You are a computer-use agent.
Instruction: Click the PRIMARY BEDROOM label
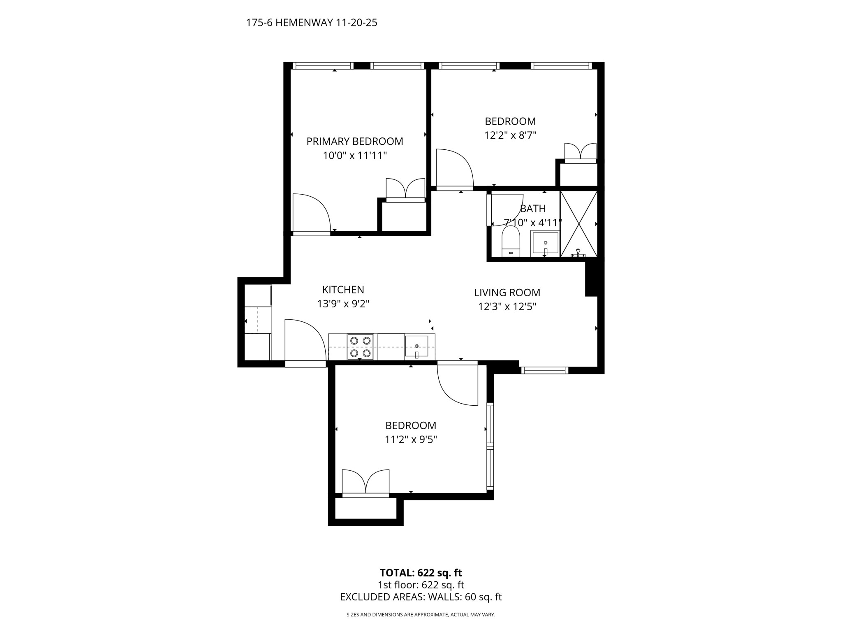click(354, 141)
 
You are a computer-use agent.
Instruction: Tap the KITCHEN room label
click(343, 290)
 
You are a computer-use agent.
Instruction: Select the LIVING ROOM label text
click(507, 293)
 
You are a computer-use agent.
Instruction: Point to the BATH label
click(533, 209)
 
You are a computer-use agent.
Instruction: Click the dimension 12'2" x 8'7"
click(510, 135)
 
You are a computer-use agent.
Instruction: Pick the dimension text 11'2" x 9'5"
click(411, 439)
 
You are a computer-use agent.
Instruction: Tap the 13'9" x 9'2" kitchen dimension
click(343, 304)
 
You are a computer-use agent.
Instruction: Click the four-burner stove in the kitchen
click(361, 347)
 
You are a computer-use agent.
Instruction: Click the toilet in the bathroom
click(511, 242)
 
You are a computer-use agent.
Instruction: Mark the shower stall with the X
click(579, 224)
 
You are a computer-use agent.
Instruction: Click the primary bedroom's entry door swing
click(311, 214)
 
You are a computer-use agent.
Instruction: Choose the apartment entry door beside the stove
click(305, 343)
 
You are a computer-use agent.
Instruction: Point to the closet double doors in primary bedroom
click(405, 190)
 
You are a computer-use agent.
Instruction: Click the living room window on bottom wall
click(545, 370)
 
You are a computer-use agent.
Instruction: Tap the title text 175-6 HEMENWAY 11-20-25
click(312, 23)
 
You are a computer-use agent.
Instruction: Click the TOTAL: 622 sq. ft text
click(421, 573)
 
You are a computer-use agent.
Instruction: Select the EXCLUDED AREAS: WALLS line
click(421, 597)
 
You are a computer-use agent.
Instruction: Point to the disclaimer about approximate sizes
click(421, 615)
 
